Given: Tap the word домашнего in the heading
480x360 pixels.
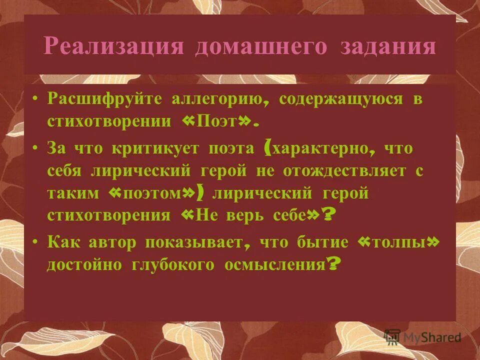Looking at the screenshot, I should (x=261, y=46).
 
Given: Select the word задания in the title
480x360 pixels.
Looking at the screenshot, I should (x=388, y=46).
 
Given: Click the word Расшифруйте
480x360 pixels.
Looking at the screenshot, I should (x=104, y=98).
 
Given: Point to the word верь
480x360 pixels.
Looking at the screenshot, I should (x=238, y=215).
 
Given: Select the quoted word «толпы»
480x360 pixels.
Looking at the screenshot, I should (x=399, y=242).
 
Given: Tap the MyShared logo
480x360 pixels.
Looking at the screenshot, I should (x=422, y=336).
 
